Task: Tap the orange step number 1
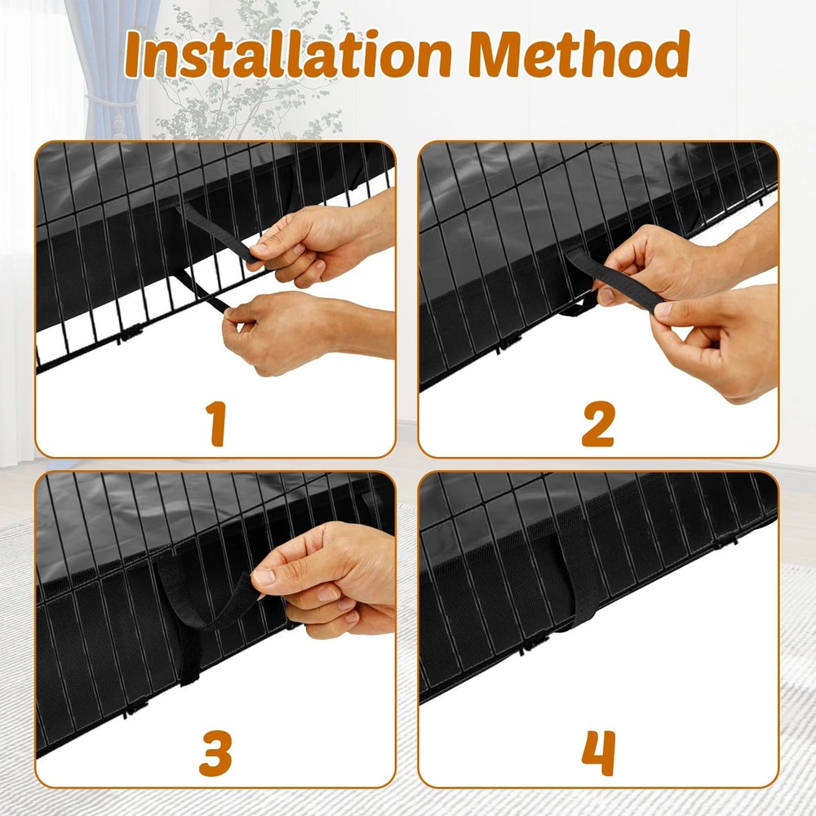[x=215, y=424]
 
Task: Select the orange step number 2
[x=598, y=424]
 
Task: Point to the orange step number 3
[x=215, y=754]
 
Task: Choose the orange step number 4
[x=598, y=754]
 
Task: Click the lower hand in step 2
[x=718, y=339]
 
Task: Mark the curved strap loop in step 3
[x=196, y=604]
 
